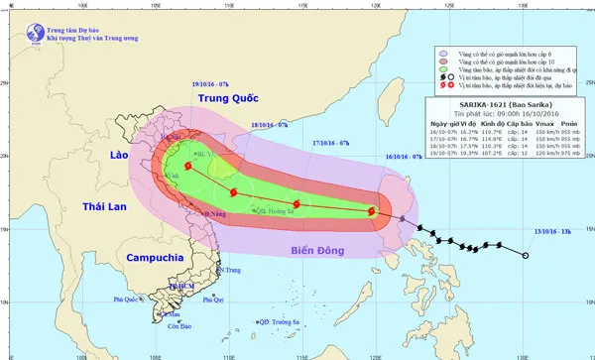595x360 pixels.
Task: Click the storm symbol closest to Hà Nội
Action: coord(186,167)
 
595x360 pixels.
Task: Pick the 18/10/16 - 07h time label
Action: coord(269,126)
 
